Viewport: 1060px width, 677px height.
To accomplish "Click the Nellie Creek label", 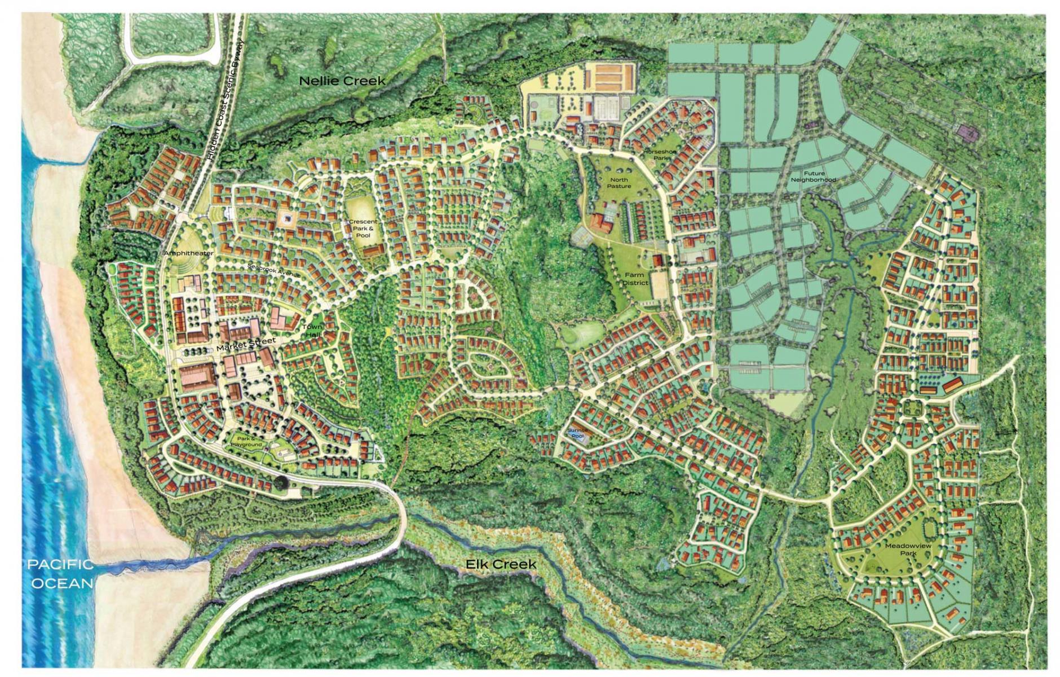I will coord(342,81).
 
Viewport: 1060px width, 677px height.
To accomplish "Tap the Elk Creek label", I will coord(500,564).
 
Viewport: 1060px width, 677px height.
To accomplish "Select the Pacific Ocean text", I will coord(61,573).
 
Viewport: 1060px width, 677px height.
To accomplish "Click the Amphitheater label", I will coord(189,253).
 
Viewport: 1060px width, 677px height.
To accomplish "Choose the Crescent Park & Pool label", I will coord(363,228).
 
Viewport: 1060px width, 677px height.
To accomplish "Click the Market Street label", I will coord(246,345).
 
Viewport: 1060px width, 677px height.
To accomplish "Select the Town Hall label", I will coord(312,331).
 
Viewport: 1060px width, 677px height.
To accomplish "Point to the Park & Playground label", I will coord(246,442).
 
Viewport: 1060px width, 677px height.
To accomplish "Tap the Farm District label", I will coord(634,279).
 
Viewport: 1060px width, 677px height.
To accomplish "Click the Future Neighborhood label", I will coord(813,177).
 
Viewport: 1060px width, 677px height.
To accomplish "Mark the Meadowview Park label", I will coord(908,549).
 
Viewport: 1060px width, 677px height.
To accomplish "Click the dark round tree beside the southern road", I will coord(281,483).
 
